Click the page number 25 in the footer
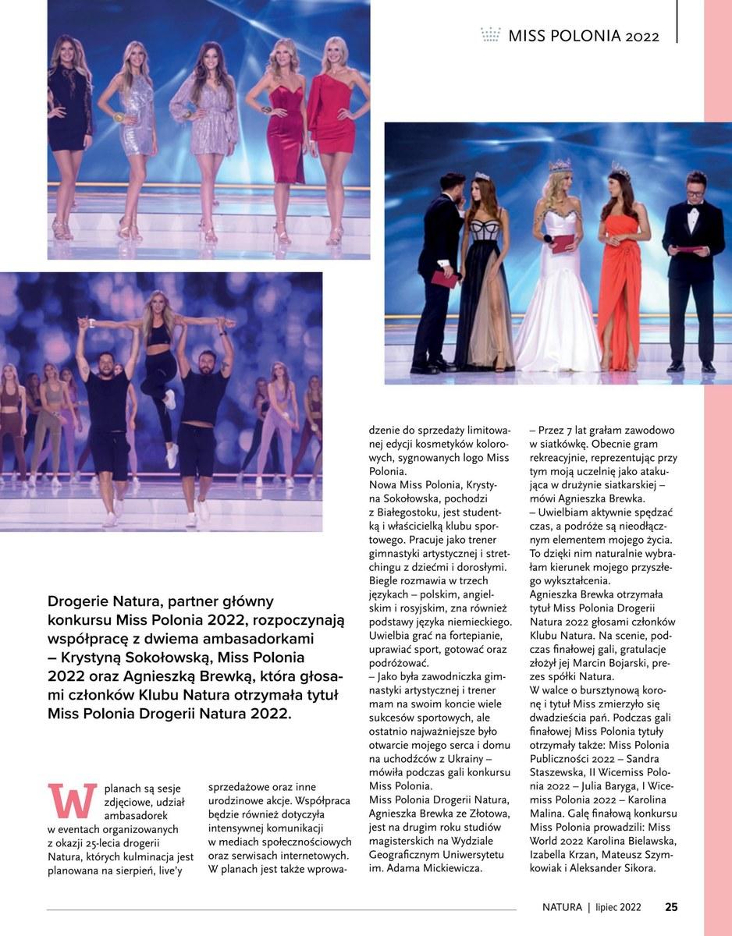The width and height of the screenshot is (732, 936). pyautogui.click(x=671, y=906)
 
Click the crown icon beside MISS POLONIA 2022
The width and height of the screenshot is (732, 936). pyautogui.click(x=491, y=35)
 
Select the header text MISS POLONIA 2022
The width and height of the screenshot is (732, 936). pyautogui.click(x=583, y=36)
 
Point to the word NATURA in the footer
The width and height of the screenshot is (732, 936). pyautogui.click(x=563, y=907)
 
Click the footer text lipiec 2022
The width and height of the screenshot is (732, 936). pyautogui.click(x=618, y=907)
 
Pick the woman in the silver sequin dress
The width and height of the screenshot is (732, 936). pyautogui.click(x=137, y=133)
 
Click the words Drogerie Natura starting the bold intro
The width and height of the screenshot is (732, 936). pyautogui.click(x=98, y=601)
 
